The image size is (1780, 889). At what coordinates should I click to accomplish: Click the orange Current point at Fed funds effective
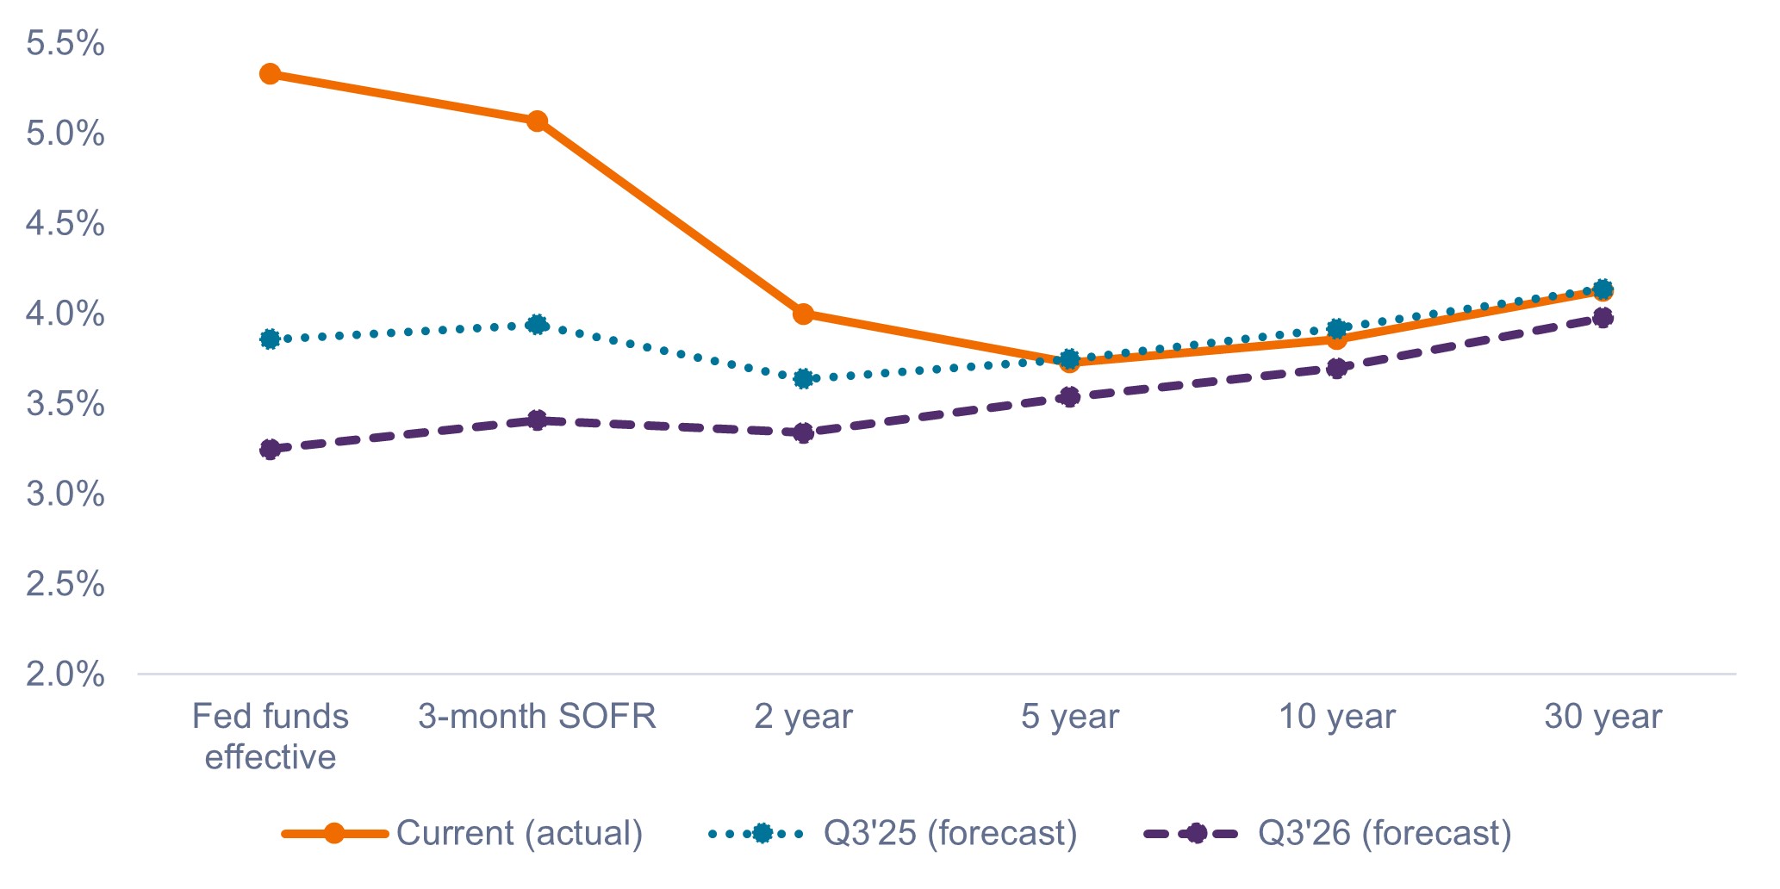coord(270,74)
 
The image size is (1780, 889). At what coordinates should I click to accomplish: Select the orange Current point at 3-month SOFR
coord(537,121)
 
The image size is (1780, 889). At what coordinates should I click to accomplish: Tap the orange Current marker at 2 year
coord(803,314)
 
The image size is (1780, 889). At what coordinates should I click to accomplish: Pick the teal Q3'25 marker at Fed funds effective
coord(270,339)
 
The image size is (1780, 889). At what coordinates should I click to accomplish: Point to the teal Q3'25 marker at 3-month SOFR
coord(537,325)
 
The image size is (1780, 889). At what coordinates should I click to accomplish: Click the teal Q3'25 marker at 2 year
coord(803,378)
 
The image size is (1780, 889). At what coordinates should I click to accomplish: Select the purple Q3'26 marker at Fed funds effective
coord(270,449)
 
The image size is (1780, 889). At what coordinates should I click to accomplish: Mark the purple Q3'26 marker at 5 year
coord(1070,397)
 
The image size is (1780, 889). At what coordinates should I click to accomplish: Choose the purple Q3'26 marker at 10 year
coord(1336,369)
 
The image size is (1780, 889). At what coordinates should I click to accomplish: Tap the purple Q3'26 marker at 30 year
coord(1603,318)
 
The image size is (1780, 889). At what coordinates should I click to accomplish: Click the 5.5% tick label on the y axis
coord(65,44)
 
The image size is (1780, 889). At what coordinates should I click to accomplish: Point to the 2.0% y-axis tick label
coord(65,674)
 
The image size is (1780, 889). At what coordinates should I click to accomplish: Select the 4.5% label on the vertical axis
coord(65,224)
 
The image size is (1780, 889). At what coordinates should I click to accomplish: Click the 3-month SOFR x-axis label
coord(537,717)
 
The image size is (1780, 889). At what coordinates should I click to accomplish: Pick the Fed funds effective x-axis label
coord(270,737)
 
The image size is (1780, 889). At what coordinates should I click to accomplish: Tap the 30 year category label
coord(1603,717)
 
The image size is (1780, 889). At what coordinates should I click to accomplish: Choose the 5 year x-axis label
coord(1070,717)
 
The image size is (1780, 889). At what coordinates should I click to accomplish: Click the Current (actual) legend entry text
coord(520,833)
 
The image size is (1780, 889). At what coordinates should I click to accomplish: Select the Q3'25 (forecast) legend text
coord(950,833)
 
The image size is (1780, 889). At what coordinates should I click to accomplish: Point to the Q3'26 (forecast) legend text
coord(1385,833)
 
